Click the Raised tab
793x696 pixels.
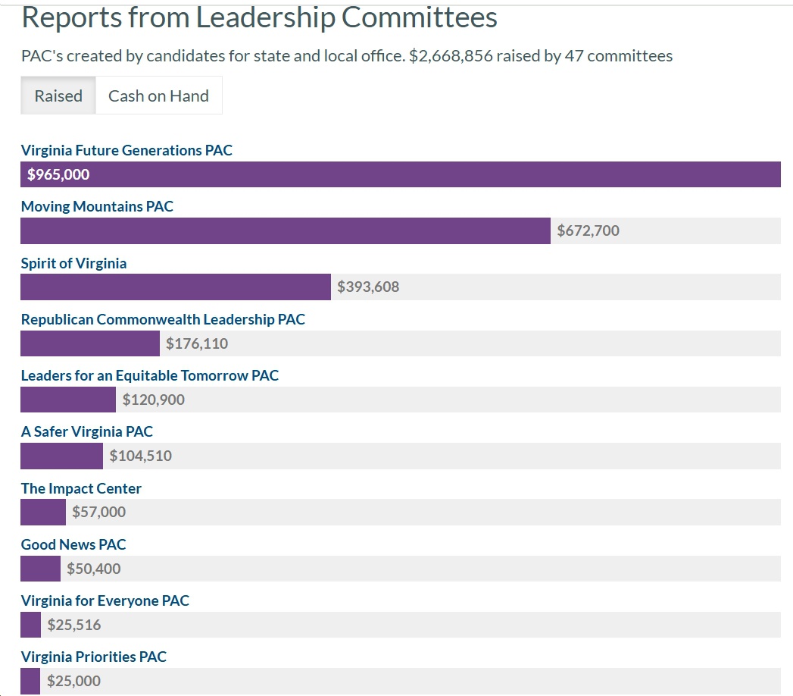pyautogui.click(x=58, y=96)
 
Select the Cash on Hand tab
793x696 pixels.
pyautogui.click(x=158, y=96)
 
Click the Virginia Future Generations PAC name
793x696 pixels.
pyautogui.click(x=126, y=150)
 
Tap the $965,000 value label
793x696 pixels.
pyautogui.click(x=58, y=174)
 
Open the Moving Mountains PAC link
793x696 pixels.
pyautogui.click(x=97, y=206)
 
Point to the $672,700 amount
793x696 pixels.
pyautogui.click(x=588, y=230)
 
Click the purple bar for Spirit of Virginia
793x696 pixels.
pyautogui.click(x=175, y=287)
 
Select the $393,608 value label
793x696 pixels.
pyautogui.click(x=368, y=287)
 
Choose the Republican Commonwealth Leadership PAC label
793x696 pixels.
pyautogui.click(x=163, y=319)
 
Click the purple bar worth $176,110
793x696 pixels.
pyautogui.click(x=90, y=343)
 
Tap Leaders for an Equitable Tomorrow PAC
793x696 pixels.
pyautogui.click(x=150, y=375)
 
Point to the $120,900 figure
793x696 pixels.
pyautogui.click(x=153, y=400)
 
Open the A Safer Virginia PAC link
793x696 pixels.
pyautogui.click(x=87, y=431)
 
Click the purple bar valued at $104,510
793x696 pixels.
pyautogui.click(x=61, y=456)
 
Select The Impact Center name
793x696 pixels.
pyautogui.click(x=81, y=488)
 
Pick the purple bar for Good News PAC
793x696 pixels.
pyautogui.click(x=40, y=569)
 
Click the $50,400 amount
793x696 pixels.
pyautogui.click(x=93, y=569)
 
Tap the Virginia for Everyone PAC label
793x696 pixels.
pyautogui.click(x=105, y=600)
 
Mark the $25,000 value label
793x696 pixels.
pyautogui.click(x=73, y=681)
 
